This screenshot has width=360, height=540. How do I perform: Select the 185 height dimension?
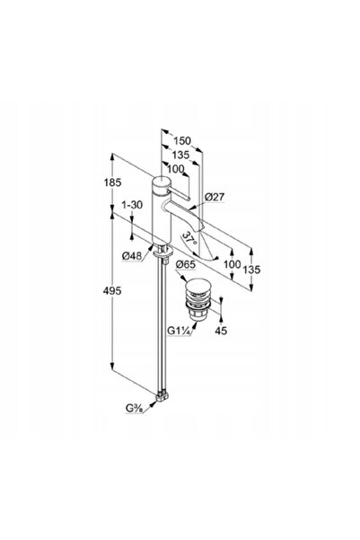[113, 182]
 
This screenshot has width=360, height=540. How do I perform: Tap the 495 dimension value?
[112, 290]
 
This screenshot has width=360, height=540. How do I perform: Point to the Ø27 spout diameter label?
[215, 197]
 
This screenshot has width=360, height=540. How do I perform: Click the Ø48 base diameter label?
[132, 256]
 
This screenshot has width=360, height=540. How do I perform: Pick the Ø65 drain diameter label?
[186, 264]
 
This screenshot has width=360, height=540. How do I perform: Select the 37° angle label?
[189, 238]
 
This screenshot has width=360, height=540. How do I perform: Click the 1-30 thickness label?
[132, 205]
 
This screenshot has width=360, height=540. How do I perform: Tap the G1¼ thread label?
[179, 331]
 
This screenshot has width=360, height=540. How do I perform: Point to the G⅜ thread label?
[134, 408]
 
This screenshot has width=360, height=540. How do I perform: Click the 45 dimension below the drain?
[221, 331]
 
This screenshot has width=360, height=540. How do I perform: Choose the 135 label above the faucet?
[180, 155]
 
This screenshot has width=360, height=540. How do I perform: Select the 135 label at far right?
[251, 270]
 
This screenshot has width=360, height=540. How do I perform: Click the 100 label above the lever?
[176, 169]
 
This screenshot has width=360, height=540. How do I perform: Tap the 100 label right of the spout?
[232, 264]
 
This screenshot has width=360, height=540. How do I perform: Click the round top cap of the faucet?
[161, 181]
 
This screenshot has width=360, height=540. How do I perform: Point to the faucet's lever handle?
[179, 194]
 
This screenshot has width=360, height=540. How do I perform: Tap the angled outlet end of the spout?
[200, 225]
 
